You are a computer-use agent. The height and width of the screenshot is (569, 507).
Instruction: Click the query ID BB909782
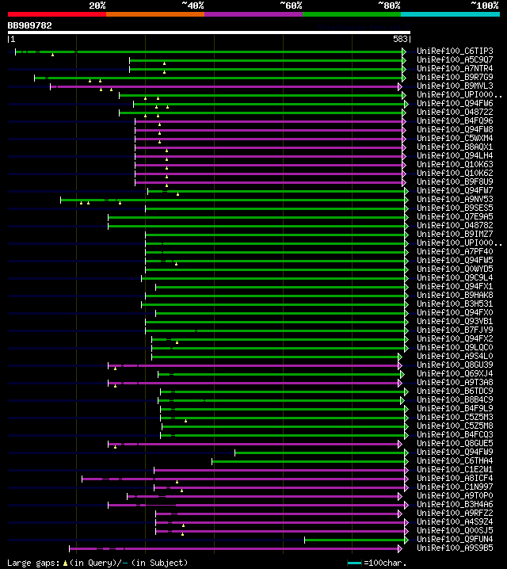pyautogui.click(x=30, y=25)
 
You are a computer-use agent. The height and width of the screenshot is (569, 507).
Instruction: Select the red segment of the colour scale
pyautogui.click(x=56, y=13)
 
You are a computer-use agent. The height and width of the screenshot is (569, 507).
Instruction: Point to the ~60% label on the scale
pyautogui.click(x=291, y=5)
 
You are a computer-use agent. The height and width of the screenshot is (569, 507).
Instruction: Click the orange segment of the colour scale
pyautogui.click(x=154, y=13)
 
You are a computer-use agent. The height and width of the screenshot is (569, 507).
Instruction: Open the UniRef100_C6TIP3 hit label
pyautogui.click(x=455, y=52)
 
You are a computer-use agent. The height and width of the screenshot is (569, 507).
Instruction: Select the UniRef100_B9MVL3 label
pyautogui.click(x=455, y=86)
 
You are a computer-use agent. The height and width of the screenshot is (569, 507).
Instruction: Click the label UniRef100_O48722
pyautogui.click(x=455, y=113)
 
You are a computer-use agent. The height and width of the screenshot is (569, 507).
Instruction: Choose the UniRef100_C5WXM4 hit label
pyautogui.click(x=455, y=139)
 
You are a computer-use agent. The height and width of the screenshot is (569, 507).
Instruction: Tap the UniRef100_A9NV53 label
pyautogui.click(x=455, y=200)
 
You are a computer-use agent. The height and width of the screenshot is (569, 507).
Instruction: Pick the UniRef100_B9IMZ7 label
pyautogui.click(x=455, y=235)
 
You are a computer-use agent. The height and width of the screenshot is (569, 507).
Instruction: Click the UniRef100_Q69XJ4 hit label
pyautogui.click(x=455, y=373)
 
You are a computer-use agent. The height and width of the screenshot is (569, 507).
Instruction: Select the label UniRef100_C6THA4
pyautogui.click(x=455, y=460)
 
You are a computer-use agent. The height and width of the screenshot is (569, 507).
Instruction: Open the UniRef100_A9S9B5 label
pyautogui.click(x=455, y=548)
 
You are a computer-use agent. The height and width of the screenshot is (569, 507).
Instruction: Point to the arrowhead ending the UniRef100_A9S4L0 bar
pyautogui.click(x=400, y=357)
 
